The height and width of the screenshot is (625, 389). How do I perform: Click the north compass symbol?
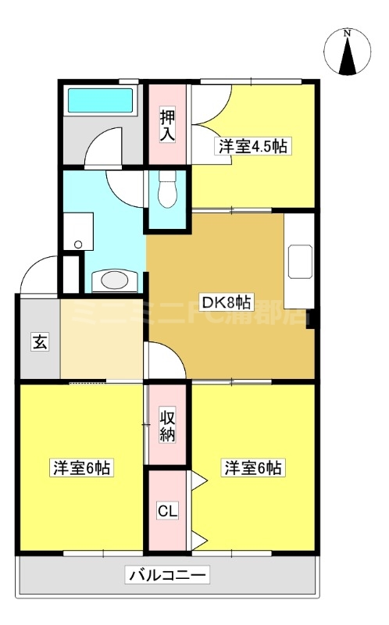coord(348,52)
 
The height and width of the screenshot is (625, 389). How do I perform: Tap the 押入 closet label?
coord(167,125)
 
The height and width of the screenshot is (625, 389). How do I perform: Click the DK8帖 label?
coord(227,303)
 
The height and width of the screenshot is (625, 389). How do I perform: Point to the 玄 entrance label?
coord(37,341)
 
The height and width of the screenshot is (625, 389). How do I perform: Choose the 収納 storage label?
coord(168,423)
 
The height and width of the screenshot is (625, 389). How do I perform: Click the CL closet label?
coord(167,512)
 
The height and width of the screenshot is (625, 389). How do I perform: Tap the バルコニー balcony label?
coord(166,577)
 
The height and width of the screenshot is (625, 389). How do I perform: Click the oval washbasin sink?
coord(115,280)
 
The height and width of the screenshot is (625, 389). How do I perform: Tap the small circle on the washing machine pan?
coord(77,245)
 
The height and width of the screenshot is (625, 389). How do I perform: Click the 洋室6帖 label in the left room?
coord(81,468)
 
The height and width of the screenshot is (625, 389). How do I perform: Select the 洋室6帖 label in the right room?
coord(253,468)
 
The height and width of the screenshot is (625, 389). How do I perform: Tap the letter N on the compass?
coord(348,33)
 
